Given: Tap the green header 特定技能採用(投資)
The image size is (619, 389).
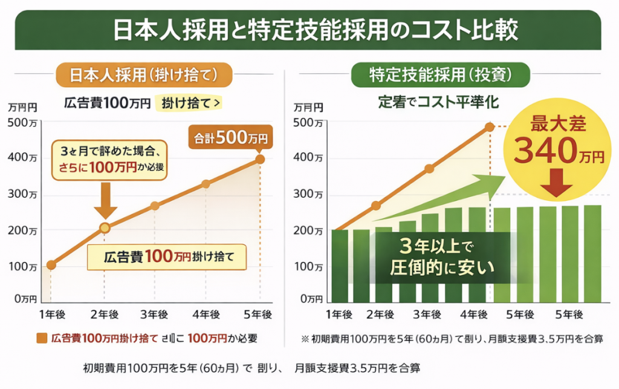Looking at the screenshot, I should point(441,74).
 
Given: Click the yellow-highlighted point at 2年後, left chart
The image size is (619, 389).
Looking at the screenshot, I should point(105,228).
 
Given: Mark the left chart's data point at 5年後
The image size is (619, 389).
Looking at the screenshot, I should point(260,159).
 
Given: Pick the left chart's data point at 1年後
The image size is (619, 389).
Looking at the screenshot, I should point(51,264).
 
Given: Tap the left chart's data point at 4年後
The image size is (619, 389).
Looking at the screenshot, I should point(206,184).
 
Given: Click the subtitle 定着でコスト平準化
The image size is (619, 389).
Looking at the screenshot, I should point(434,102).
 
